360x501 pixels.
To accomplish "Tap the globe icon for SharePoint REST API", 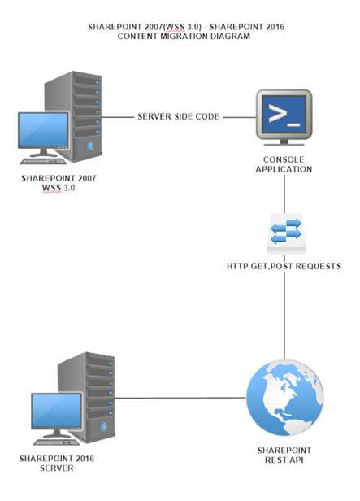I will coord(284,399).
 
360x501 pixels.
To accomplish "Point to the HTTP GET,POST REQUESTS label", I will coord(284,266).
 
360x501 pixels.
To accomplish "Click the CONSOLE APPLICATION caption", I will coord(284,164).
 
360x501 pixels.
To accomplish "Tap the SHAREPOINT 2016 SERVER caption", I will coord(57,463).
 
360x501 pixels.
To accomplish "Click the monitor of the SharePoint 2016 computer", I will coord(56,412).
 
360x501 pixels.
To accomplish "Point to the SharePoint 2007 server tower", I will coord(85,113).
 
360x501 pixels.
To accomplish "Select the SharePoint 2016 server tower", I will coord(98,394).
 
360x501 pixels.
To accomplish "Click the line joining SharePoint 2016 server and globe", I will coord(179,399).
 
